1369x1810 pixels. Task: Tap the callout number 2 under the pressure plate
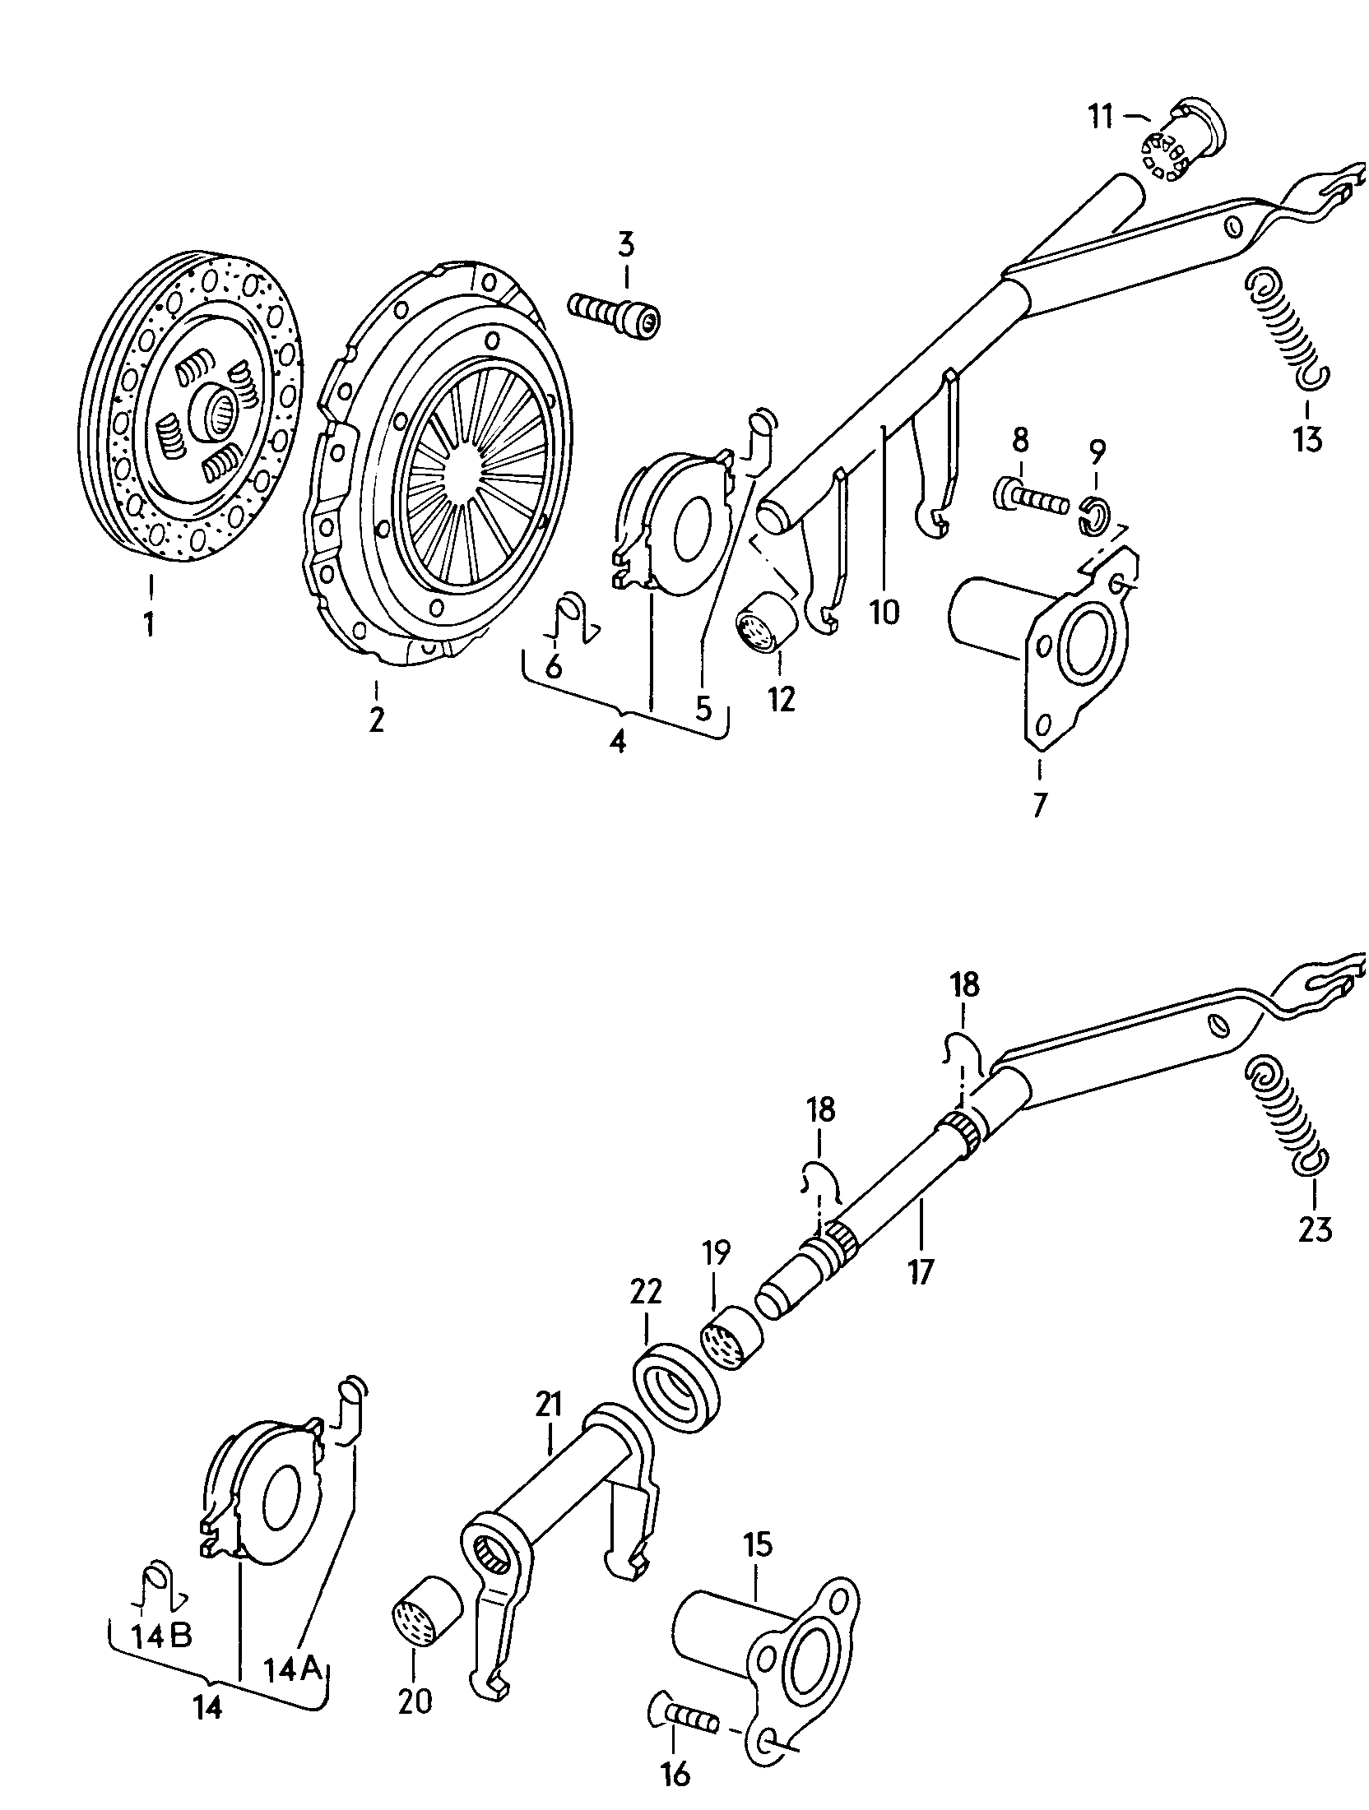(376, 720)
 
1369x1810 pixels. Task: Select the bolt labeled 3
(615, 316)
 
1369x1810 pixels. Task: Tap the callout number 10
(884, 612)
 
